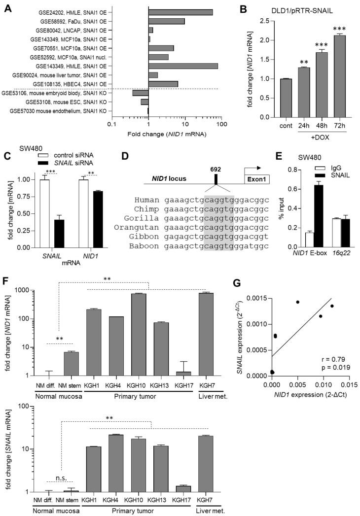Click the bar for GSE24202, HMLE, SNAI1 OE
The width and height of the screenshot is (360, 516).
click(180, 12)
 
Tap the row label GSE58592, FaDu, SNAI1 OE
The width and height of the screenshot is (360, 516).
click(74, 21)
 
